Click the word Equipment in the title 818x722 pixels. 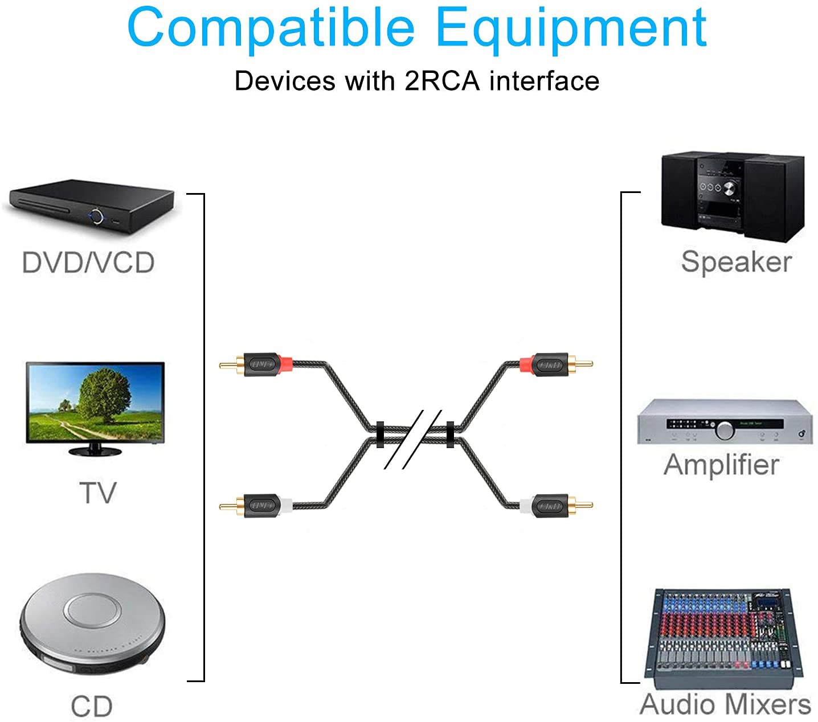(x=571, y=28)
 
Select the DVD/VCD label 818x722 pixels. (x=88, y=262)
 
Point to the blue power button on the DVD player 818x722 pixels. (x=96, y=216)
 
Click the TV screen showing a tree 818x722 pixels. (x=95, y=401)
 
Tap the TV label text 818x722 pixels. (x=97, y=493)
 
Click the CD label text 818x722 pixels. (x=92, y=706)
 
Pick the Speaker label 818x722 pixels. (x=736, y=262)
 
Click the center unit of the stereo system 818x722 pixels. (x=720, y=194)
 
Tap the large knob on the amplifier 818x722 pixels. (x=725, y=430)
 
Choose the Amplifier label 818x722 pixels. (x=721, y=465)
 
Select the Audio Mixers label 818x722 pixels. (x=725, y=705)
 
